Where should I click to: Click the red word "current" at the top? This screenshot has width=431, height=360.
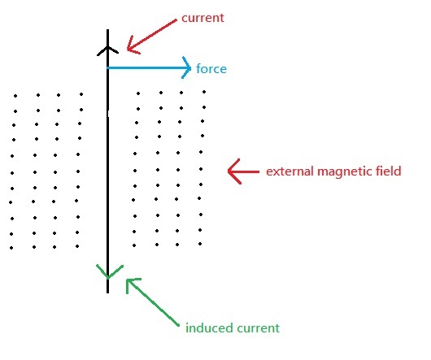[202, 18]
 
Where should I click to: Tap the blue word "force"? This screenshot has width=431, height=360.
[211, 68]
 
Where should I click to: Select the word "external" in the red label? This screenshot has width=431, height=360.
[290, 171]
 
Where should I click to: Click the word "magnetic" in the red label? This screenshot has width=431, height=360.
[345, 171]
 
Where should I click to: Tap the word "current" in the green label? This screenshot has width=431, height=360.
[259, 328]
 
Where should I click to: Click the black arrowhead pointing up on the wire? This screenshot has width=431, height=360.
[107, 50]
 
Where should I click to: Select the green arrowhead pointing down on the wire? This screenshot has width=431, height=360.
[109, 272]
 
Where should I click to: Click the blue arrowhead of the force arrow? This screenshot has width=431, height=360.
[187, 67]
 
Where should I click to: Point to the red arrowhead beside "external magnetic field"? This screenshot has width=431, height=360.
[234, 171]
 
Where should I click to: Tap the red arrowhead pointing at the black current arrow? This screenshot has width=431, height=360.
[133, 46]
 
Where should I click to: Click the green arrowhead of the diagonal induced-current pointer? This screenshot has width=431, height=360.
[133, 285]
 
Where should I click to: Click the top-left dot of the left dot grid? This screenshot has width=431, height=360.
[15, 96]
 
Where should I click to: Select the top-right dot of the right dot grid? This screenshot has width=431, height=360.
[204, 92]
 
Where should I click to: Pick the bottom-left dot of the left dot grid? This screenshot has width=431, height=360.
[11, 248]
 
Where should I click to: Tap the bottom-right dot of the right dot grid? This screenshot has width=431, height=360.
[200, 244]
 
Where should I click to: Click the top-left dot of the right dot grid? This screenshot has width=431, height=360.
[138, 93]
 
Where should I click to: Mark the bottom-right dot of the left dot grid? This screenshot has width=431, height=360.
[77, 246]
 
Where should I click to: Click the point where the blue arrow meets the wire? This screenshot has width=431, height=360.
[107, 67]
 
